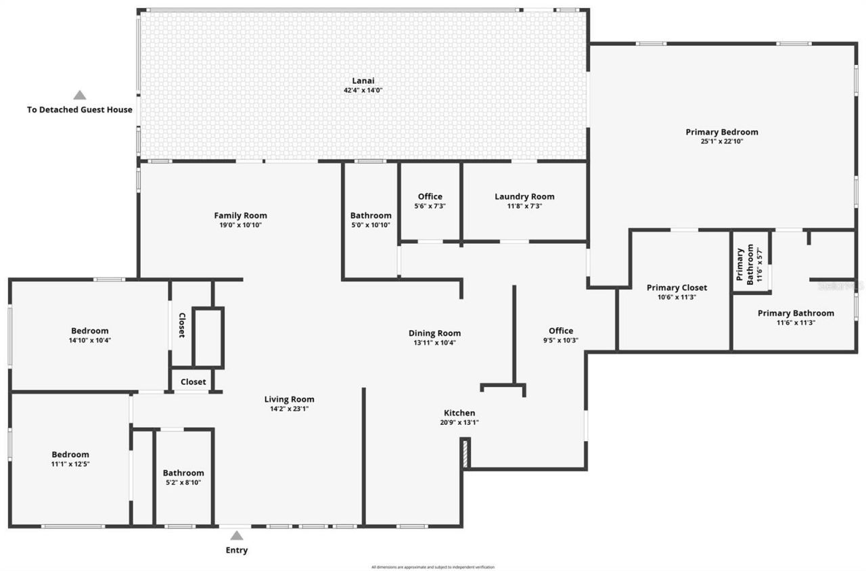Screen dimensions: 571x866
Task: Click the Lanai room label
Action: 363,81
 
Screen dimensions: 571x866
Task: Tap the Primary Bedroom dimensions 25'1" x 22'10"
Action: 722,141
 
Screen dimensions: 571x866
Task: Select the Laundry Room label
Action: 524,197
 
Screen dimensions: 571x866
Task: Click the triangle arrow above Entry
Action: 236,535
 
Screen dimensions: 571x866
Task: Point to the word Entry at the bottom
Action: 236,550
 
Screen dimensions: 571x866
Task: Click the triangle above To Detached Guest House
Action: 80,95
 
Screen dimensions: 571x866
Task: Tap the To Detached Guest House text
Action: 80,110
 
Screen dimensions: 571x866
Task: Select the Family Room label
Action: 240,216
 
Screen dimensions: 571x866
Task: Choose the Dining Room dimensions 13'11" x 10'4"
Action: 434,342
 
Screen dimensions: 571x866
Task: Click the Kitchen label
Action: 459,413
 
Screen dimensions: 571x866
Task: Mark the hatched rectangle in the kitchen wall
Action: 465,453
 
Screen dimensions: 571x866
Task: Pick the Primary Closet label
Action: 677,288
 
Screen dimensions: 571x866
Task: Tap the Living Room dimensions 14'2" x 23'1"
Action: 289,409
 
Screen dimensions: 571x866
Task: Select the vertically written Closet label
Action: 181,325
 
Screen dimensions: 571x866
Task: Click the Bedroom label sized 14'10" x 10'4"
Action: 90,331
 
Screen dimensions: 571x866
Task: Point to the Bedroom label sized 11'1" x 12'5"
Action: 70,455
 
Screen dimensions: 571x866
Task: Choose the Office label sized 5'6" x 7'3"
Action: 430,197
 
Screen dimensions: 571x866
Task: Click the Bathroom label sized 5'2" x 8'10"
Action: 183,473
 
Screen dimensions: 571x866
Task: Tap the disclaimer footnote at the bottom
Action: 432,567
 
